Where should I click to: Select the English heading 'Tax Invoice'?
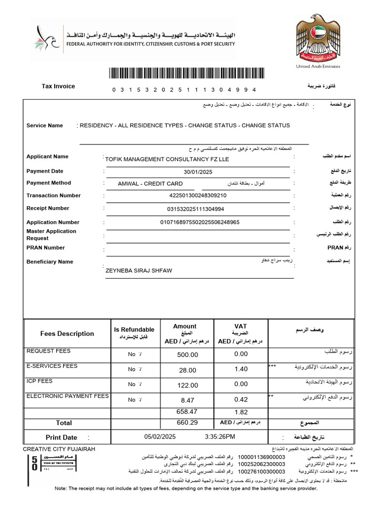[58, 86]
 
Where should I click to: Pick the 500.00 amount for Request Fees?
[187, 355]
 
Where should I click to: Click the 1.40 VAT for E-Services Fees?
[241, 369]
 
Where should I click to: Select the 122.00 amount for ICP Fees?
[187, 385]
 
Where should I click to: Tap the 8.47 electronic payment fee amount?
[188, 400]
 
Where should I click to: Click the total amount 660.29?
[187, 423]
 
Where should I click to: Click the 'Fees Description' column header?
[67, 334]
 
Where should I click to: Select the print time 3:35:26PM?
[220, 437]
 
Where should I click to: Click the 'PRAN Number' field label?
[46, 248]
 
